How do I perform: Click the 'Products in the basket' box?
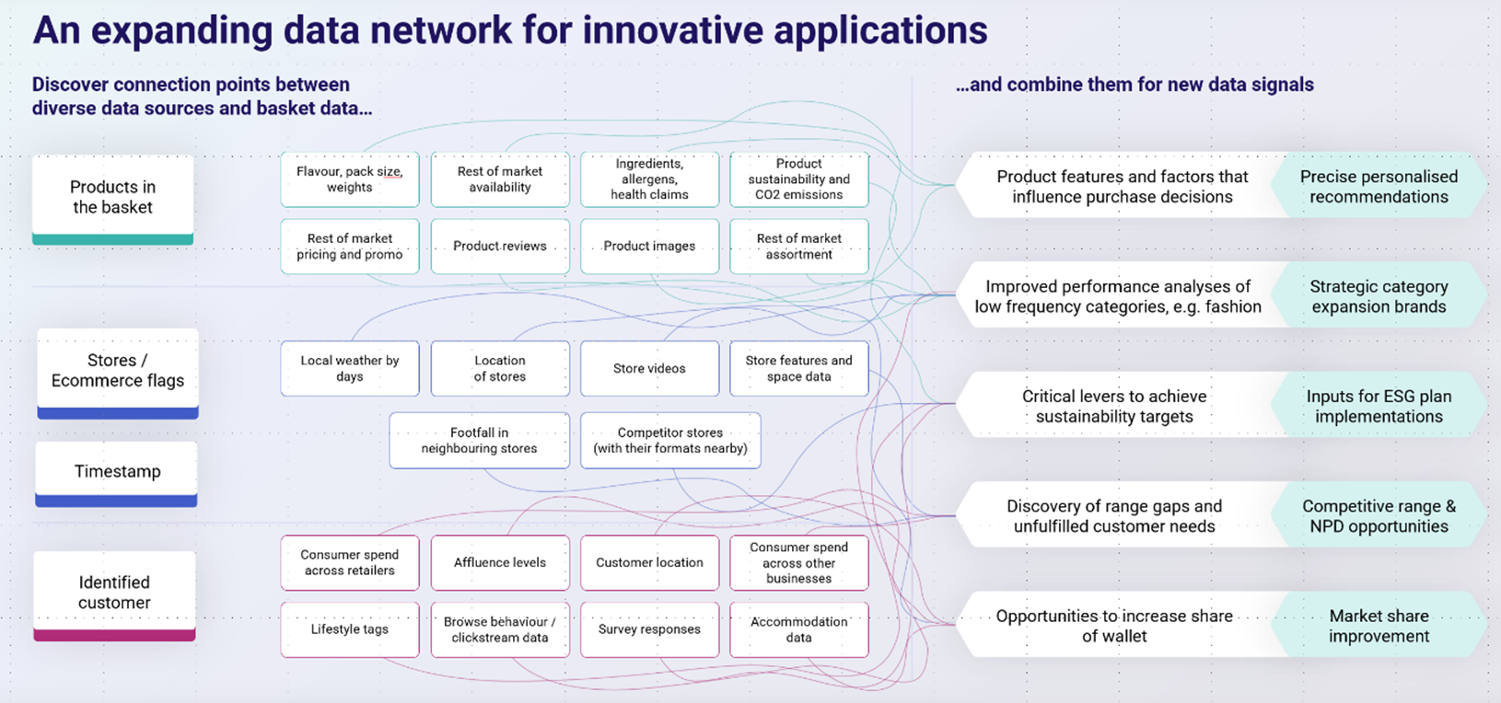[112, 197]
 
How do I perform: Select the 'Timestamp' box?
[117, 471]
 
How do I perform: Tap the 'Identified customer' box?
[114, 593]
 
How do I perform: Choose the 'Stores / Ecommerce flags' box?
[117, 371]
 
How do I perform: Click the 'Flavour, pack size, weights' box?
[350, 179]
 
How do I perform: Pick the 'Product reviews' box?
[500, 246]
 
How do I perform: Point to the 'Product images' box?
[649, 246]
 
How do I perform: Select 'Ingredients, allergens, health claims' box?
[649, 179]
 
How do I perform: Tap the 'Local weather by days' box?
[350, 368]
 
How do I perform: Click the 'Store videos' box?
[649, 368]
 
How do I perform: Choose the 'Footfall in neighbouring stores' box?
[479, 440]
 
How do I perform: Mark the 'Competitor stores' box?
[670, 440]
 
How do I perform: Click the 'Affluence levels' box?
[500, 562]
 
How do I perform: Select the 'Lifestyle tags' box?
[350, 629]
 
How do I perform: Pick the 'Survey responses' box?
[649, 629]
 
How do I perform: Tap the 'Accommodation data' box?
[798, 629]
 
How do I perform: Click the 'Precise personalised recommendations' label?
[1379, 187]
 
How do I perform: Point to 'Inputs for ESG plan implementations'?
[1379, 406]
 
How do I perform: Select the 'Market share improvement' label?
[1379, 626]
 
